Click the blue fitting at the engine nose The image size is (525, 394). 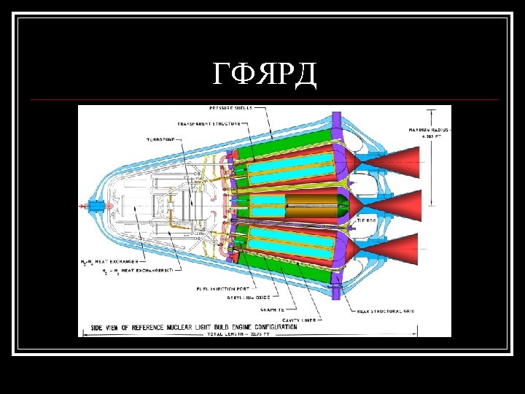[x=96, y=206]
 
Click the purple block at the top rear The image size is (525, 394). [x=336, y=120]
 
